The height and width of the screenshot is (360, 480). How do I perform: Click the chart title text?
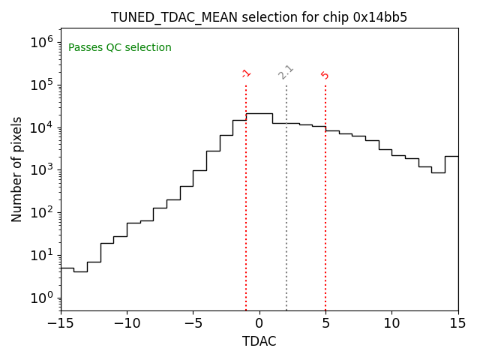pos(259,17)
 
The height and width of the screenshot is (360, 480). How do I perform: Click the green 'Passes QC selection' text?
pos(120,48)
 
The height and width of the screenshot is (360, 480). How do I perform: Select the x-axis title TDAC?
pos(259,341)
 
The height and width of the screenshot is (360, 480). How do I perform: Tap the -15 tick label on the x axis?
pos(61,323)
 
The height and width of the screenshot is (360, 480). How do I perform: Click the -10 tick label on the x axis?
pos(127,323)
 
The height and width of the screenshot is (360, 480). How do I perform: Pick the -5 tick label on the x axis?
pos(193,323)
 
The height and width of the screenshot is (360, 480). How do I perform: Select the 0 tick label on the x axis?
pos(259,323)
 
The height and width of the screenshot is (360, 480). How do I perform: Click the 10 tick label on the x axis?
pos(391,323)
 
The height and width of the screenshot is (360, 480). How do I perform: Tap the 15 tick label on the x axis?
pos(457,323)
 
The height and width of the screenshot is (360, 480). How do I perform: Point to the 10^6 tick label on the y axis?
pos(41,42)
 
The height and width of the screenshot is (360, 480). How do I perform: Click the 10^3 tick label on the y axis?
pos(41,169)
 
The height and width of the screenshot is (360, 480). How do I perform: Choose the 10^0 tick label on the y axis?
pos(41,298)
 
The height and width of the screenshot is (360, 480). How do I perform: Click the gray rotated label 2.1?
pos(286,72)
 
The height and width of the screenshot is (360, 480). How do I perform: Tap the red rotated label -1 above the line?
pos(246,73)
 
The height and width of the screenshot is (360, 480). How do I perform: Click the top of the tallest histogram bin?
pos(259,113)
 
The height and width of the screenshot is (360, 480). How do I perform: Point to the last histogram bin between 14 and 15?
pos(451,156)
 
